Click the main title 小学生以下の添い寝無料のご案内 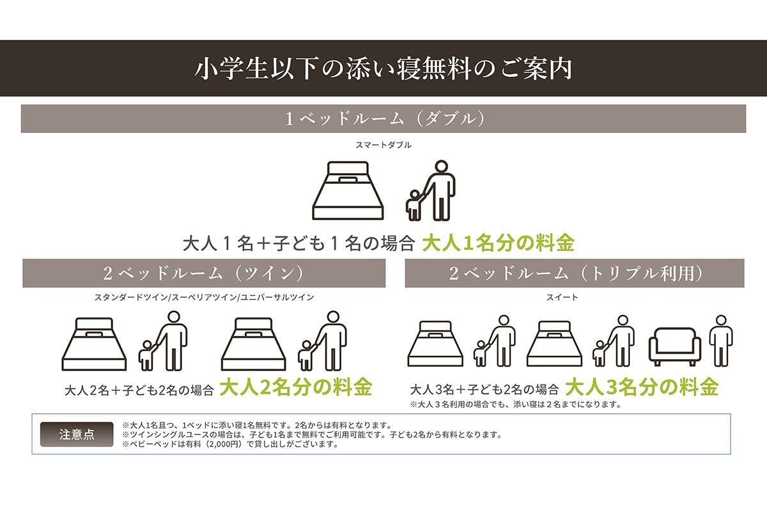pos(383,68)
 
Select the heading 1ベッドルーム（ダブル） pos(383,119)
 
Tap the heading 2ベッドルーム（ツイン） pos(204,273)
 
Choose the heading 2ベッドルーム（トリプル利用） pos(575,273)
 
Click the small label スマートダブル pos(383,145)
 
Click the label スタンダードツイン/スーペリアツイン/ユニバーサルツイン pos(204,298)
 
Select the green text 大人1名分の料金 pos(498,243)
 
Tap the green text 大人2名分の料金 pos(296,388)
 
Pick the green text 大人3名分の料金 pos(642,387)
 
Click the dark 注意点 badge pos(77,434)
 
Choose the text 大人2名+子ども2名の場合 pos(139,390)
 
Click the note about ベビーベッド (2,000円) pos(229,444)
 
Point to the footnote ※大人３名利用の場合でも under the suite pos(516,404)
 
